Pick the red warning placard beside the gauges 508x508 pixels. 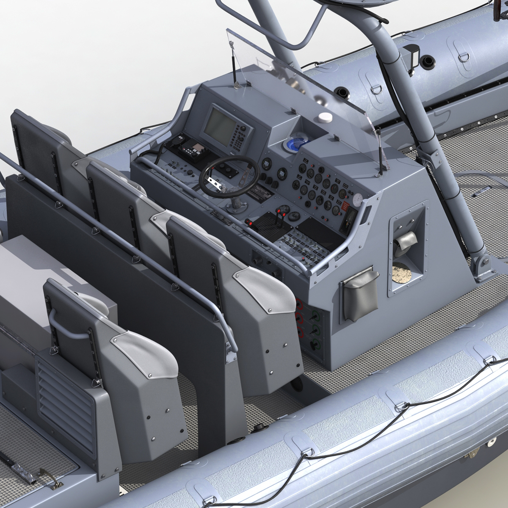346,206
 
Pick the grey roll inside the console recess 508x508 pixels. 403,246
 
